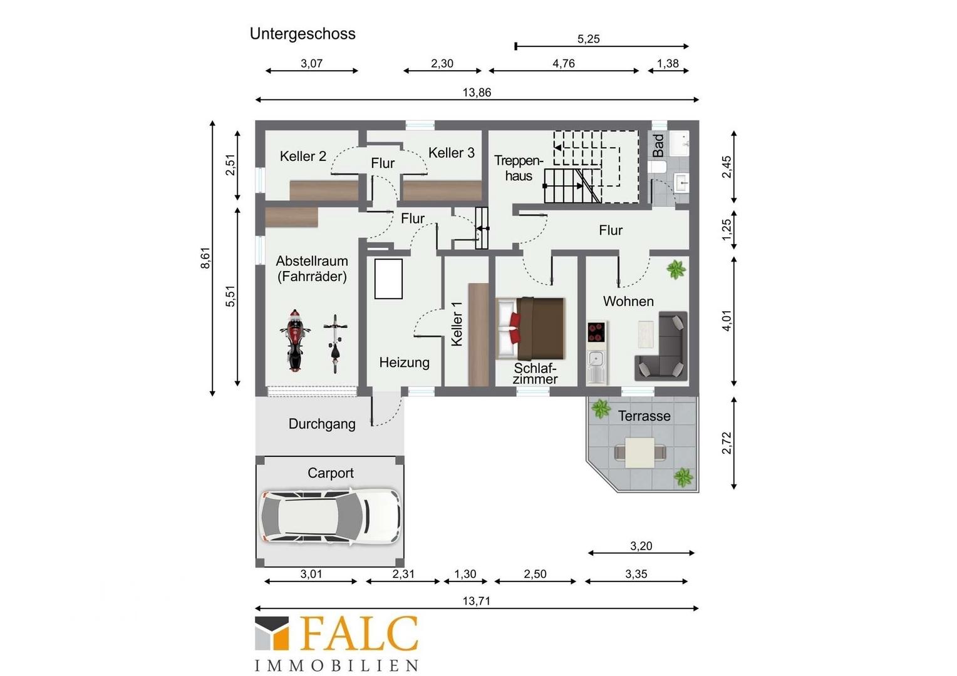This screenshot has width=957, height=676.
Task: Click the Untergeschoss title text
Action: click(303, 34)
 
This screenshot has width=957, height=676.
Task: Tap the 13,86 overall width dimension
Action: click(477, 92)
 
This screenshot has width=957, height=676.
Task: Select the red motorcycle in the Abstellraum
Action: click(295, 341)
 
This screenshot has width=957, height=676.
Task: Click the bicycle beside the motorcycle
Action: click(335, 344)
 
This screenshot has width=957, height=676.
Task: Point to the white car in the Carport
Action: click(330, 517)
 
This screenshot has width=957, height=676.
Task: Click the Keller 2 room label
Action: click(303, 156)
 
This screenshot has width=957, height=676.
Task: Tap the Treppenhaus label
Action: click(519, 168)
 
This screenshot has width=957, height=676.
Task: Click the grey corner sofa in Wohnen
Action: click(661, 346)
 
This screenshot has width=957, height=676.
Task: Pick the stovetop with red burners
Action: click(596, 332)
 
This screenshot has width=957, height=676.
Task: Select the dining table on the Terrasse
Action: click(639, 453)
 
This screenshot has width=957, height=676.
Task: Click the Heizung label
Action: click(404, 362)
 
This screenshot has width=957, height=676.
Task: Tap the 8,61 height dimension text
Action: click(205, 258)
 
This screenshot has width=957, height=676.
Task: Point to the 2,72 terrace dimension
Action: click(727, 443)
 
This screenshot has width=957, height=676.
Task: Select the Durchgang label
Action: click(322, 424)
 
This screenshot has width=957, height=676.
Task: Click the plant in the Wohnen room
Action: click(676, 269)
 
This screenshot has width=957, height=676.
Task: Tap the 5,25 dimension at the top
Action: click(588, 39)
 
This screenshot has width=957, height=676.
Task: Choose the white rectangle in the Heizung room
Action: click(388, 279)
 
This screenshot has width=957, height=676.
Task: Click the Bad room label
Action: click(658, 145)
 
